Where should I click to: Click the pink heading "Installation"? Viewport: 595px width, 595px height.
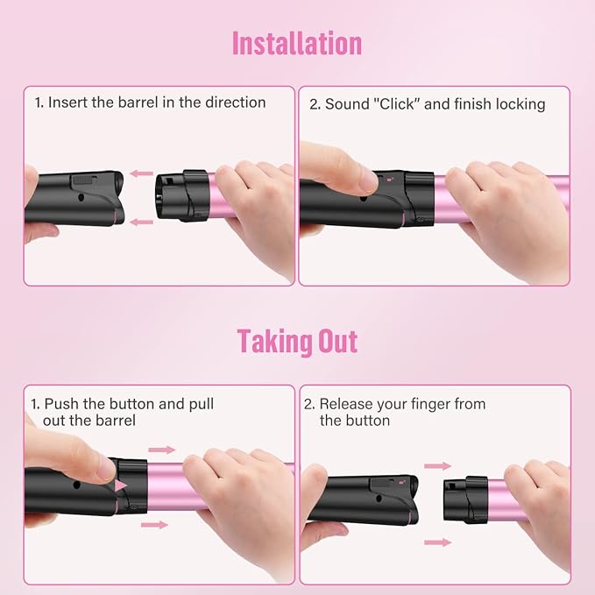(297, 44)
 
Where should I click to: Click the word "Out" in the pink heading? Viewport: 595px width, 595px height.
(337, 341)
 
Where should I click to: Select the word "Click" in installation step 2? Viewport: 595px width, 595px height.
(397, 104)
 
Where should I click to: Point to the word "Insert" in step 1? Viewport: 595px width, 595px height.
(68, 103)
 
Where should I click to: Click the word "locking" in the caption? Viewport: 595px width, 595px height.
(521, 105)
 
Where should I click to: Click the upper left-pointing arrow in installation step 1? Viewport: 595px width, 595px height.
(141, 174)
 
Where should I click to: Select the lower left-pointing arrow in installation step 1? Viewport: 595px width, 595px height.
(141, 222)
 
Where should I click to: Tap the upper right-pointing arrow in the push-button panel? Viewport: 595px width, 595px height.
(161, 450)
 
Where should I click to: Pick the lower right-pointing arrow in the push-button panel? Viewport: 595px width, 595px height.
(154, 525)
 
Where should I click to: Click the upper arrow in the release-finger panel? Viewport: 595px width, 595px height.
(438, 466)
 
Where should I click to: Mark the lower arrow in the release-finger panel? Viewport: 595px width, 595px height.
(438, 542)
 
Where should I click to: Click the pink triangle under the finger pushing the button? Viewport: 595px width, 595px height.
(120, 485)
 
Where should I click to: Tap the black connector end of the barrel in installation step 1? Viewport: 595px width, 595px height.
(182, 195)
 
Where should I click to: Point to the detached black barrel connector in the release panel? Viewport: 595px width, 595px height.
(465, 499)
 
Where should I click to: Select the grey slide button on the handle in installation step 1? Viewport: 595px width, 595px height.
(85, 179)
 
